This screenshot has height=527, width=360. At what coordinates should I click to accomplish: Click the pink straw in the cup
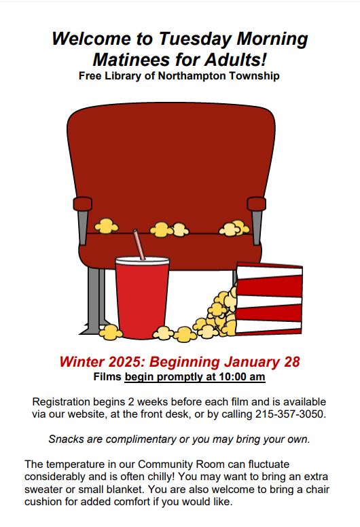pyautogui.click(x=139, y=244)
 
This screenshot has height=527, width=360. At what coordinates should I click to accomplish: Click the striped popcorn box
pyautogui.click(x=269, y=299)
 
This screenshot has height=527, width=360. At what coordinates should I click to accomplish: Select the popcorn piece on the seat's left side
pyautogui.click(x=106, y=226)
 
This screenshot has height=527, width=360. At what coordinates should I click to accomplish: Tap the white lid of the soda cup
pyautogui.click(x=142, y=261)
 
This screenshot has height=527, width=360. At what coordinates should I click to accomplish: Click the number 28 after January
pyautogui.click(x=292, y=362)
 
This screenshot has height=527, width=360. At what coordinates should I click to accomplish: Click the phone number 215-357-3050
pyautogui.click(x=291, y=414)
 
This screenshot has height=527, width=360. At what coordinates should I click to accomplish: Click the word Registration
pyautogui.click(x=61, y=402)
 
